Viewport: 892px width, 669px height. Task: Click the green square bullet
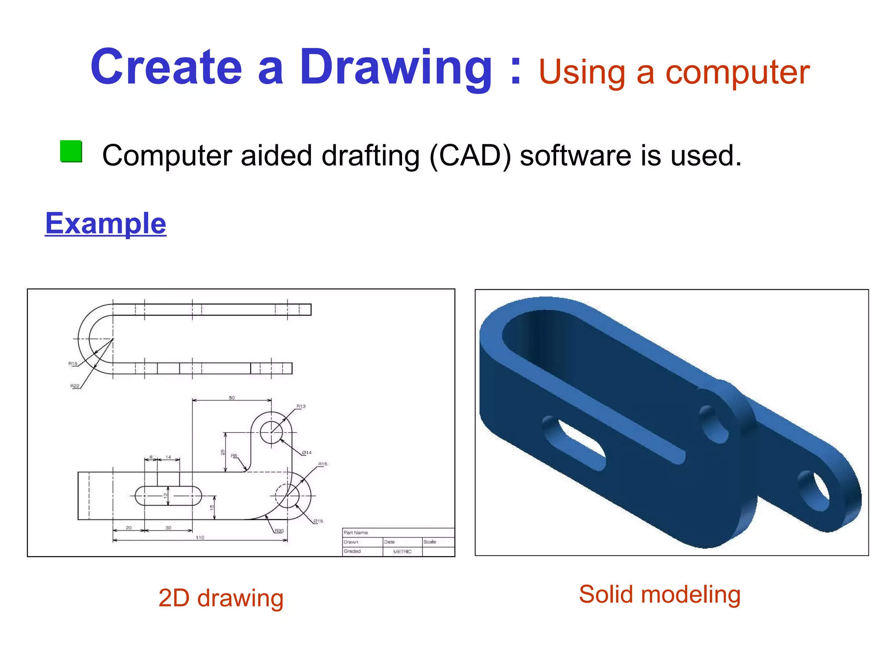pyautogui.click(x=71, y=151)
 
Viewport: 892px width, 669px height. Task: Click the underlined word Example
pyautogui.click(x=105, y=223)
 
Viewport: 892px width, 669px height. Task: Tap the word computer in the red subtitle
pyautogui.click(x=737, y=72)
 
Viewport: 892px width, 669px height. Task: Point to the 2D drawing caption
pyautogui.click(x=221, y=598)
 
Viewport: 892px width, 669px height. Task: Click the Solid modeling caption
pyautogui.click(x=659, y=594)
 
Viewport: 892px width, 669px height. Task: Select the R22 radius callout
pyautogui.click(x=75, y=386)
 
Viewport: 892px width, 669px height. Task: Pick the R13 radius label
pyautogui.click(x=301, y=406)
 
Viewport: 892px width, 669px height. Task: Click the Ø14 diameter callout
pyautogui.click(x=307, y=453)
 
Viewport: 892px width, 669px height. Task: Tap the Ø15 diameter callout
pyautogui.click(x=318, y=521)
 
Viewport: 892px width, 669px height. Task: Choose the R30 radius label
pyautogui.click(x=279, y=531)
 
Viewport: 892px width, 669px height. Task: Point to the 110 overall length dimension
pyautogui.click(x=199, y=537)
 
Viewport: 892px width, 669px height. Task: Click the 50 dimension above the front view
pyautogui.click(x=231, y=398)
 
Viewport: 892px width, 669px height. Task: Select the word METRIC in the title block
pyautogui.click(x=402, y=551)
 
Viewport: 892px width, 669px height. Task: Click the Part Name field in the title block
pyautogui.click(x=356, y=533)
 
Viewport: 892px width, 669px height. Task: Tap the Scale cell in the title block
pyautogui.click(x=429, y=542)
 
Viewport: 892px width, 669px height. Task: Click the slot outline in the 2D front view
pyautogui.click(x=168, y=496)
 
